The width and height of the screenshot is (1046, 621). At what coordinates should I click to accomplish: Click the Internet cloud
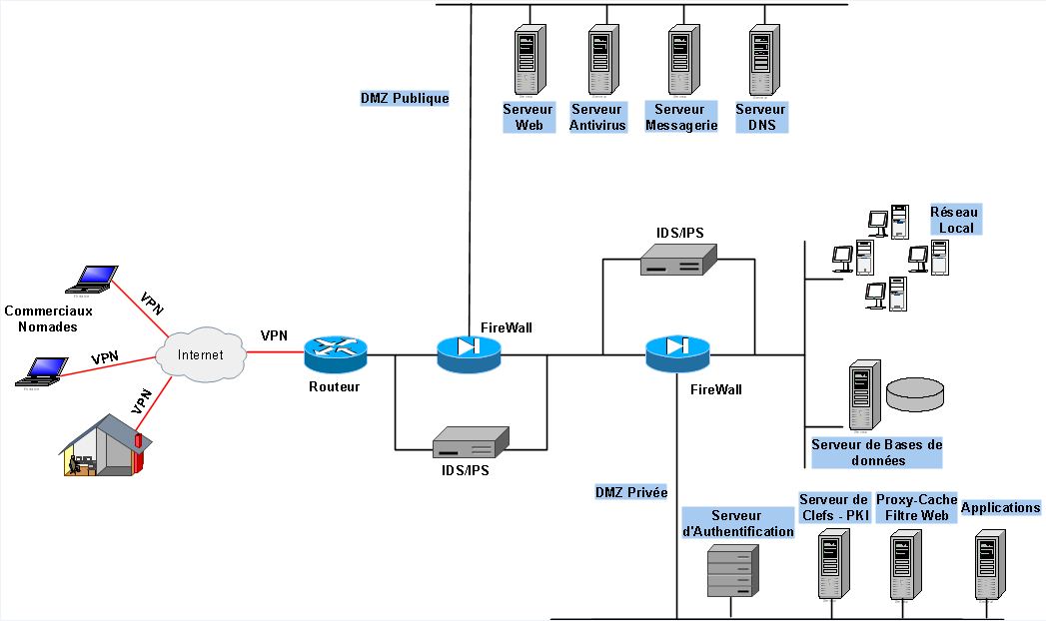203,354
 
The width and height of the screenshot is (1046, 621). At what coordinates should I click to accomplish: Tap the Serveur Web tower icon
527,59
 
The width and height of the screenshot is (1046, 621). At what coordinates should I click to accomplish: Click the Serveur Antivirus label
597,117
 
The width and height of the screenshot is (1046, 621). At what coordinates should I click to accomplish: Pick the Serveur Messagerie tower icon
682,59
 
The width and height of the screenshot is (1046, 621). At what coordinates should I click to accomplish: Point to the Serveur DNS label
761,117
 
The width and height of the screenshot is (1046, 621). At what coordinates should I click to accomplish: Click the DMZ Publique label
405,99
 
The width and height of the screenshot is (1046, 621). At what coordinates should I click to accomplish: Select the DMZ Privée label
630,492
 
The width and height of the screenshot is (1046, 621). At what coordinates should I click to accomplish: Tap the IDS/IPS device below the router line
470,443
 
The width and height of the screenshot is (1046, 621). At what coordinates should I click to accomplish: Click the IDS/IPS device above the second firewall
679,263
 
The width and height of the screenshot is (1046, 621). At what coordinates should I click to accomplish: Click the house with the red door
102,445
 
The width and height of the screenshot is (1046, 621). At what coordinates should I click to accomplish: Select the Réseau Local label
955,220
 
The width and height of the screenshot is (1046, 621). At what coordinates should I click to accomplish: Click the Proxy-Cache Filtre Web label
916,507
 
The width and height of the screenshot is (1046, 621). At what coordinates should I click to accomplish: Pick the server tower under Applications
989,566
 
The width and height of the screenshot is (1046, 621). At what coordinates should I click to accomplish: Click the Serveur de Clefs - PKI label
834,507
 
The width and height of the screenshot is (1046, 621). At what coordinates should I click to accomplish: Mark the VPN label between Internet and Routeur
274,335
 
